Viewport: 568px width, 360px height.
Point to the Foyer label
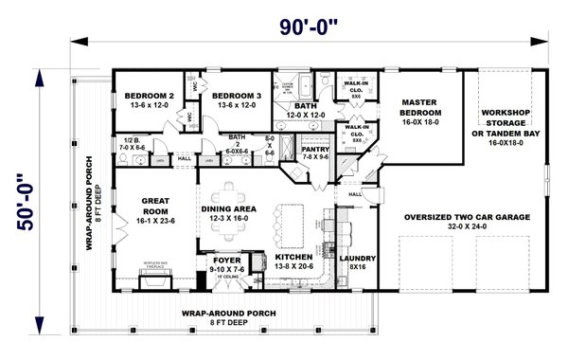coord(225,258)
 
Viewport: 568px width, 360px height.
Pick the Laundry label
coord(357,258)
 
